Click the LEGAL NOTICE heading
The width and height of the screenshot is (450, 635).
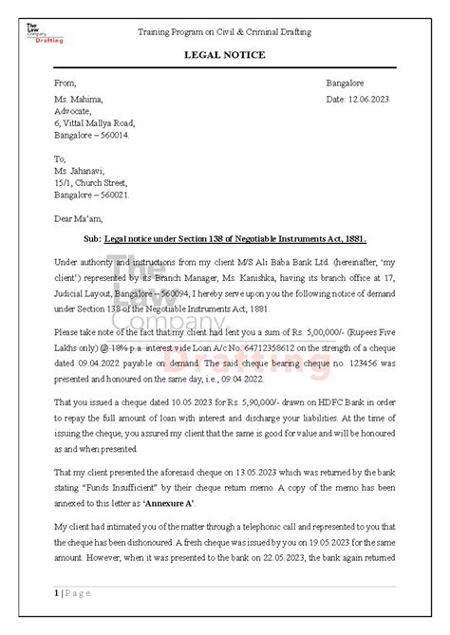pyautogui.click(x=225, y=55)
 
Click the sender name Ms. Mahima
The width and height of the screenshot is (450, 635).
pyautogui.click(x=78, y=100)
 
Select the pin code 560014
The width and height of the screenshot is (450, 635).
pyautogui.click(x=115, y=136)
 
